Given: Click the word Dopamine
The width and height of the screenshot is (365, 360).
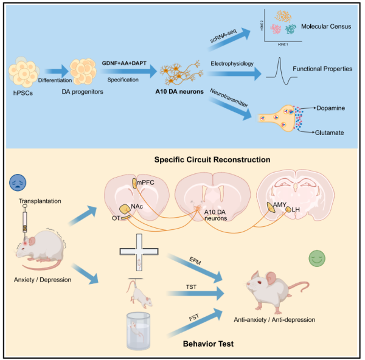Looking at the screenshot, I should [330, 108].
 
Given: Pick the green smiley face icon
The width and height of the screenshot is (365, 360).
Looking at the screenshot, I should [316, 257].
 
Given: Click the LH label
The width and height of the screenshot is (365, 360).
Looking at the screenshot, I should [297, 210].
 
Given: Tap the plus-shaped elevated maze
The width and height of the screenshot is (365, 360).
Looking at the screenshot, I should [139, 252].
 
